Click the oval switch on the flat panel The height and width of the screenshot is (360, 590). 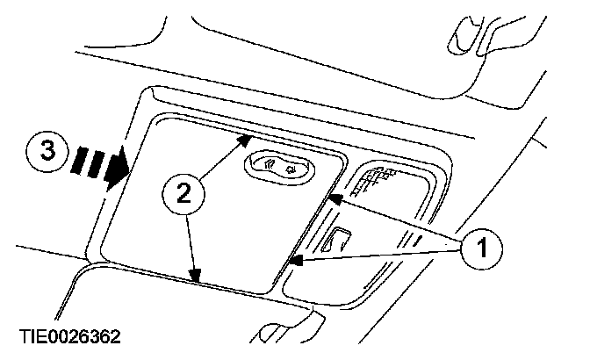[280, 165]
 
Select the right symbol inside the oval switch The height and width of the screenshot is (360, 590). [291, 166]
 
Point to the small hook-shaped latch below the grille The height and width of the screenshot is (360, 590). [340, 238]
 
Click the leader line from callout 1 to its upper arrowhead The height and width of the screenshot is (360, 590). [399, 223]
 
